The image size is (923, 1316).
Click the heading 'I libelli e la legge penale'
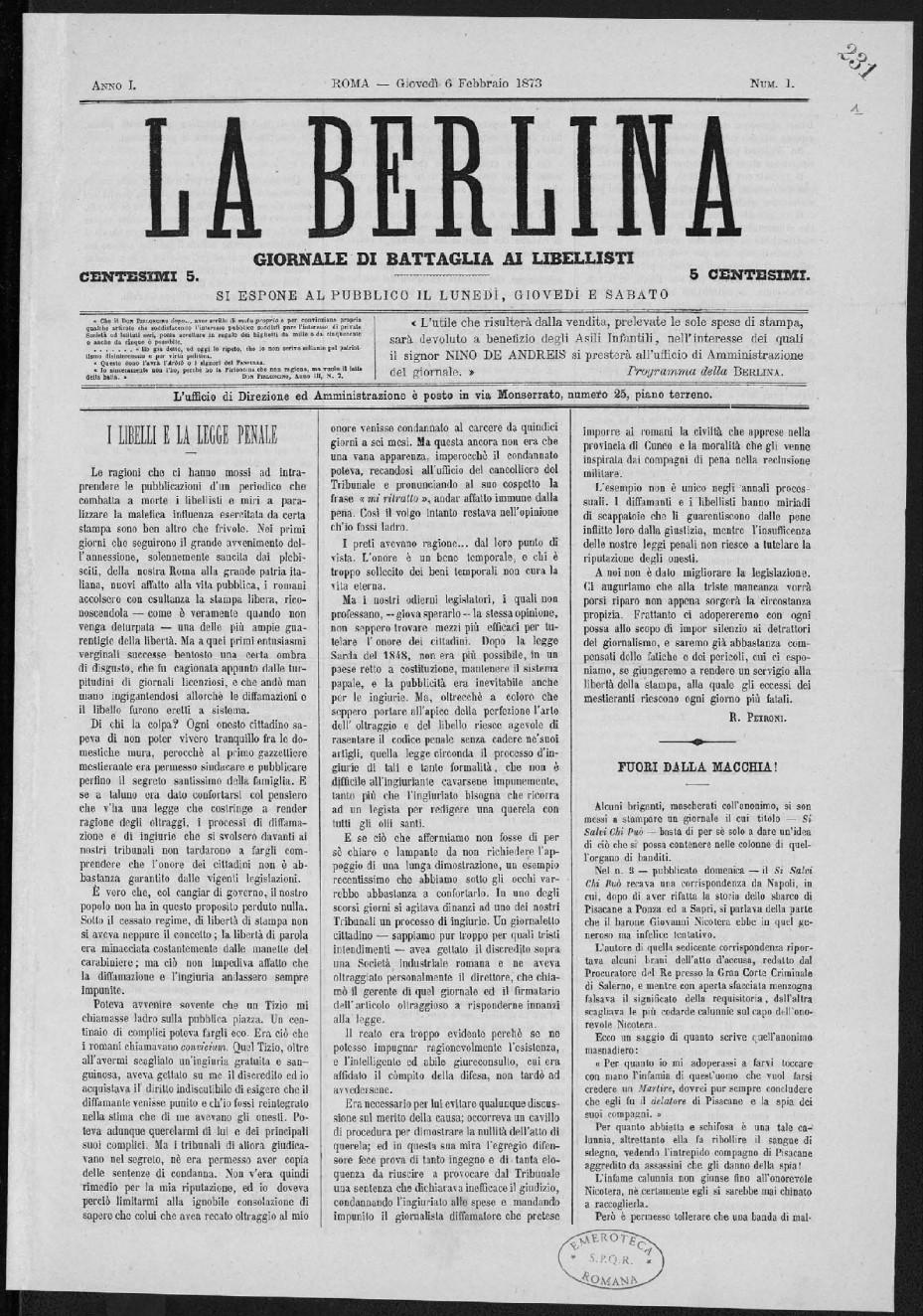tap(193, 434)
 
